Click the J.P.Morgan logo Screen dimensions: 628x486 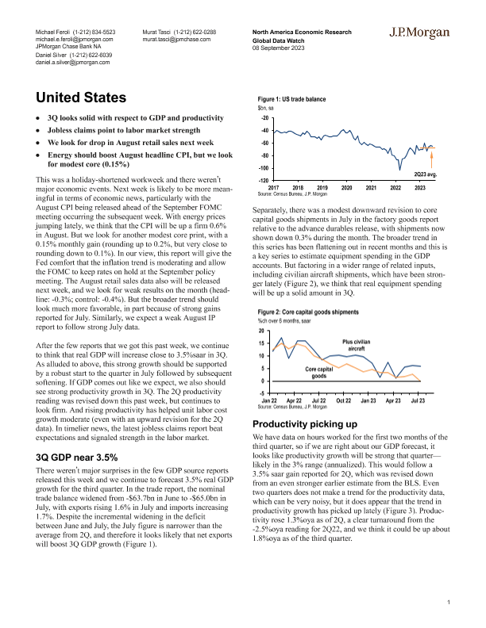(x=422, y=33)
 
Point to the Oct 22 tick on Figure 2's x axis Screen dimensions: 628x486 (x=343, y=401)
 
